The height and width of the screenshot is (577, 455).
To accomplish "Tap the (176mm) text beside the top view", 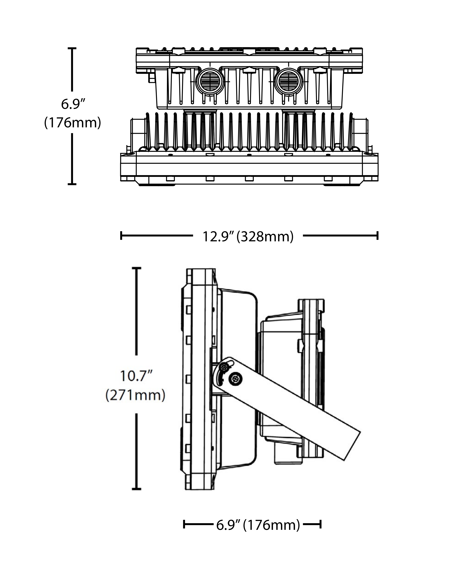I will tap(73, 123).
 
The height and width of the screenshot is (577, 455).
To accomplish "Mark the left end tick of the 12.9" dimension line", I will tap(121, 236).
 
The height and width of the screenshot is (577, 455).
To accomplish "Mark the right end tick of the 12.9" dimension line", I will tap(378, 236).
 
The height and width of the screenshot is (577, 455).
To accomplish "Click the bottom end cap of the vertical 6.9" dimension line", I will tap(72, 184).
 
